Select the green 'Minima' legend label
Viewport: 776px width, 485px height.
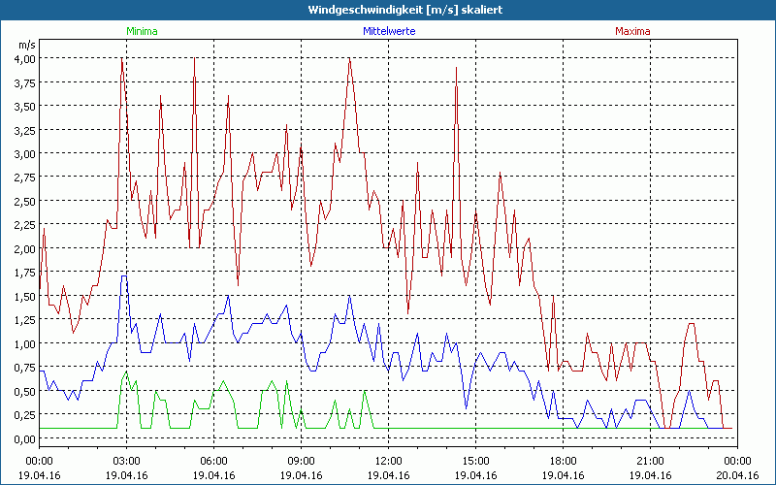pos(141,31)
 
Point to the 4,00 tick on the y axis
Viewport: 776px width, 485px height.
pos(24,58)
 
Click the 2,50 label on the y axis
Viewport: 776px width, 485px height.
pos(24,201)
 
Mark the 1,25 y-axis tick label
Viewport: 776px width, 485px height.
pos(24,319)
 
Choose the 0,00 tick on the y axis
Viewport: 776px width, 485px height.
pos(24,438)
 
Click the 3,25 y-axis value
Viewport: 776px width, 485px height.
pos(24,129)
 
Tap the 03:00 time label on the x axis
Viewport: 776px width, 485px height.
pos(127,461)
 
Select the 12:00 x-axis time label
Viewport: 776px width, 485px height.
pos(388,461)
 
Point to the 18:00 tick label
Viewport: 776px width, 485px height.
pos(563,461)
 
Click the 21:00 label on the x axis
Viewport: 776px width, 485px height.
pos(650,461)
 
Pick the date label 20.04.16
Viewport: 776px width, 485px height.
pos(737,476)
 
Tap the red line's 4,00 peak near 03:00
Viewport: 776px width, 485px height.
pos(122,59)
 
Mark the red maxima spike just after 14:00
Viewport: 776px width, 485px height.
pos(456,69)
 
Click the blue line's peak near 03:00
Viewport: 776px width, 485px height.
pos(124,276)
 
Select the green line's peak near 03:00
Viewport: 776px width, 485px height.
pos(124,372)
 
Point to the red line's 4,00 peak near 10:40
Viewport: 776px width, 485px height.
pos(349,59)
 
